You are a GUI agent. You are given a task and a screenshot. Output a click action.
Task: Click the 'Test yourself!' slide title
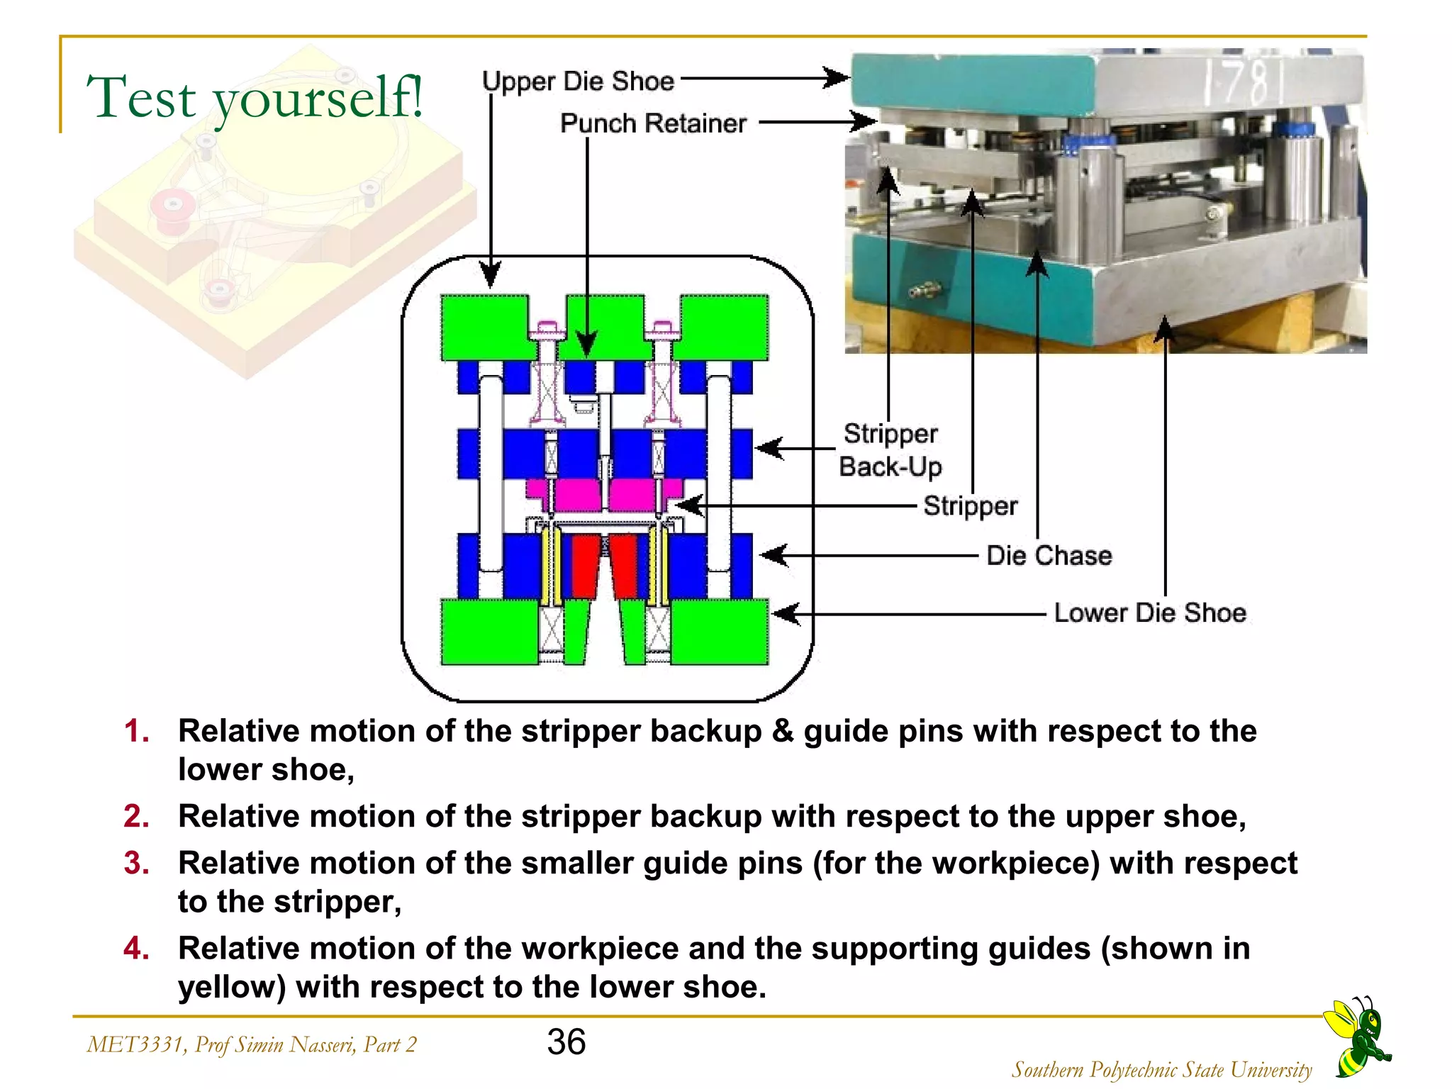[255, 98]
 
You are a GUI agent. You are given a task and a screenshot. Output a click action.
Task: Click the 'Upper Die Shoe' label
[578, 81]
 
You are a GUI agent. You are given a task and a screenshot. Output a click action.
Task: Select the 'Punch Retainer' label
[653, 123]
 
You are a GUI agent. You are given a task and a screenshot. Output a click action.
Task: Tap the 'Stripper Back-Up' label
[890, 450]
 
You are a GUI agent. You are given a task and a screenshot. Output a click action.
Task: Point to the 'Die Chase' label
[1049, 556]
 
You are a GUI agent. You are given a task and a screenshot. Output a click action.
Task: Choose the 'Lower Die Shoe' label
[1149, 613]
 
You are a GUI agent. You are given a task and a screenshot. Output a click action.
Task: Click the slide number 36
[566, 1041]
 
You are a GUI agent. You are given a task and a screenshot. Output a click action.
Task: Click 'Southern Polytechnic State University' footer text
[1161, 1069]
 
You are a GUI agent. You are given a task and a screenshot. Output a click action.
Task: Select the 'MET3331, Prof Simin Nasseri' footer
[252, 1044]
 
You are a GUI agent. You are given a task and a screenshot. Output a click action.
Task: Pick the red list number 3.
[136, 864]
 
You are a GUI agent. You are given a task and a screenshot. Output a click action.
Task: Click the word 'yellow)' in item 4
[232, 987]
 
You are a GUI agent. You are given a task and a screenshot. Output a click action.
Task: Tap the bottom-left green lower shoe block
[488, 632]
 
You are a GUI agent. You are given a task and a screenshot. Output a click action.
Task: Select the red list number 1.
[136, 731]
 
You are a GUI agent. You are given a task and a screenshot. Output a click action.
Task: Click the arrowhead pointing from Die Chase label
[774, 555]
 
